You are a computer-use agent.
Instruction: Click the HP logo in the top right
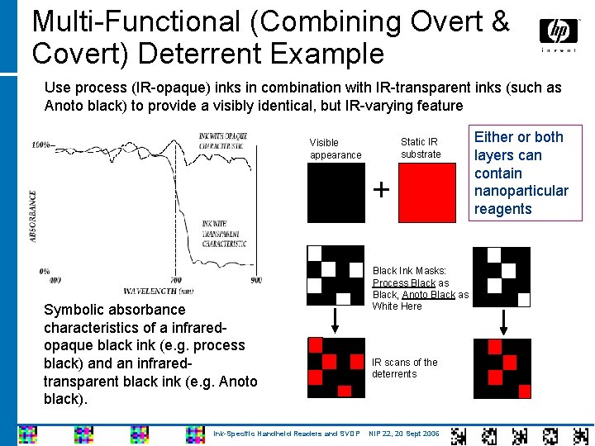(x=559, y=32)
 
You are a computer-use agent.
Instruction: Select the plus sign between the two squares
(x=381, y=190)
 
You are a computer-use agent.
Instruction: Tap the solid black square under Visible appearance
(x=336, y=192)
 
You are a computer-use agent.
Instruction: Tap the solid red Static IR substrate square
(x=427, y=192)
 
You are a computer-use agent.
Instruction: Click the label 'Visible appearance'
(x=336, y=149)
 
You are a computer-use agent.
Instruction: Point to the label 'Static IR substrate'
(x=421, y=148)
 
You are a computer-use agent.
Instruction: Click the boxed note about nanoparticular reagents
(x=521, y=173)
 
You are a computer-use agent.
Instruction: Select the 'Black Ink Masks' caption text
(x=420, y=288)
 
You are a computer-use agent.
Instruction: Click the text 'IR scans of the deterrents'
(x=405, y=368)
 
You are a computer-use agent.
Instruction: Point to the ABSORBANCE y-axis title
(x=33, y=216)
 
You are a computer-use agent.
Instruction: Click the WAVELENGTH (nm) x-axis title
(x=158, y=291)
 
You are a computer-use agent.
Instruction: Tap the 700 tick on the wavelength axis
(x=176, y=281)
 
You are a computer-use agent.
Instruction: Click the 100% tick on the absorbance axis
(x=41, y=145)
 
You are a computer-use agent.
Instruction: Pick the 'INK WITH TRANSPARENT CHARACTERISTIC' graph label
(x=224, y=234)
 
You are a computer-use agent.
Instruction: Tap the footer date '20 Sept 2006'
(x=416, y=434)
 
